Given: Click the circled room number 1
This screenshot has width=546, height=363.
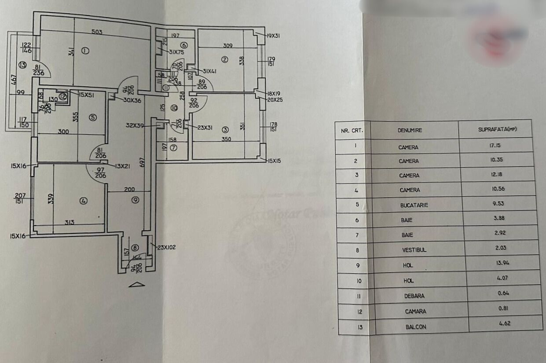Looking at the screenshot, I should pos(85,51).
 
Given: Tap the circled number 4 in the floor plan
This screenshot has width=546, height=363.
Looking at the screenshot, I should pos(84,201).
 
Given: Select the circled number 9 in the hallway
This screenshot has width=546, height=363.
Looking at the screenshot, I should pos(135,200).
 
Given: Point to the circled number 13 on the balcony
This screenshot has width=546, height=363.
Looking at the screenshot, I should pos(23,65).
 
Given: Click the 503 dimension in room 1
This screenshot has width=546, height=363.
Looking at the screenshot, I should pos(97,32).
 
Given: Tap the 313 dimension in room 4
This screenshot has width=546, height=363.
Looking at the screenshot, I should pos(69,223).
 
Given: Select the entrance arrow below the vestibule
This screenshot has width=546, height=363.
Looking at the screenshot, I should pos(137,285).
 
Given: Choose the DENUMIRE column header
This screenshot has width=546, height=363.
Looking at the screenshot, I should pos(410,130).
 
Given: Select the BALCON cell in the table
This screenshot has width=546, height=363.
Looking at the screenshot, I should pos(416,327).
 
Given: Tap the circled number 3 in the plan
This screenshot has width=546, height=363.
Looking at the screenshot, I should pos(225,129).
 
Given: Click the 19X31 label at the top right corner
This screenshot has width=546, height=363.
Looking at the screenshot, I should pos(273,36).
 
